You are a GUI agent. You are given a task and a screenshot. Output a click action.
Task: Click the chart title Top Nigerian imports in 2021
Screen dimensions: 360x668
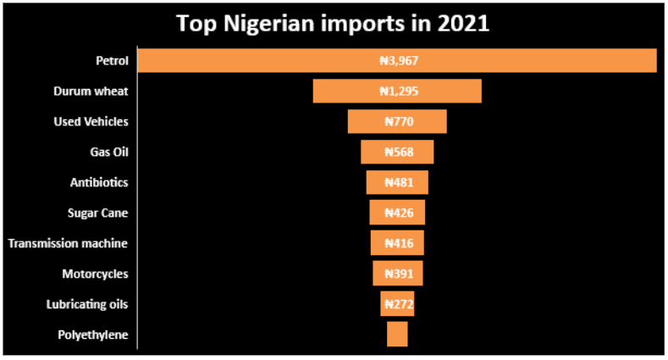333,23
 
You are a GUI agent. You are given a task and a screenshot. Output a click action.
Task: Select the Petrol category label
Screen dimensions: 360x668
112,61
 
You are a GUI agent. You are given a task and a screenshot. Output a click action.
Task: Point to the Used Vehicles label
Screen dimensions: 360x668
91,122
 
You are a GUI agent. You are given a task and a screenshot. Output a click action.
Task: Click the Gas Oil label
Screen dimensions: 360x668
109,152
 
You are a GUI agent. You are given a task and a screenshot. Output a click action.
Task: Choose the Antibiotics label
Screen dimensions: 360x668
99,182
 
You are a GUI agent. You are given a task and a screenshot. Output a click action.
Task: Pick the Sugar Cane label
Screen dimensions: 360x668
97,213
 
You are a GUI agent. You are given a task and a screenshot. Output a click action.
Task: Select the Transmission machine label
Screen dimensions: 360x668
68,243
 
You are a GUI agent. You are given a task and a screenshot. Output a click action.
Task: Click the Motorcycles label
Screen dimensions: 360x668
95,274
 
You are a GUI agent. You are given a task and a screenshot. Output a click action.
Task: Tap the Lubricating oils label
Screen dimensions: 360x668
87,304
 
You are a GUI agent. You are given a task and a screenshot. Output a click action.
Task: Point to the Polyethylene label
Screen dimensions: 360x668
93,335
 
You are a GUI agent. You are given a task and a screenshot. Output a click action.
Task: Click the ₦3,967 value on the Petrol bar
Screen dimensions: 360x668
397,61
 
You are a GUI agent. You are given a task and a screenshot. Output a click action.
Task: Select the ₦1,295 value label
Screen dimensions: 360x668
397,91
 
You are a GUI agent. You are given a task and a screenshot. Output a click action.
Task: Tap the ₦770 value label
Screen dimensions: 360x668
397,122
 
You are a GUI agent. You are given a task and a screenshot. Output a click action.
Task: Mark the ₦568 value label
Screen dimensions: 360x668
397,152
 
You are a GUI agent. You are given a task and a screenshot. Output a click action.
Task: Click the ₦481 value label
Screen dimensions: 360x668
397,183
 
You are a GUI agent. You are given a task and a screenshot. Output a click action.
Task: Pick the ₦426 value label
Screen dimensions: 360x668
397,213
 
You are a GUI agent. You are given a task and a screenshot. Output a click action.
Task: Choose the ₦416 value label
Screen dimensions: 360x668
397,243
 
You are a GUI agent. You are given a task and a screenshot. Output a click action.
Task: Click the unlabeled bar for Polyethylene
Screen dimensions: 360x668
397,334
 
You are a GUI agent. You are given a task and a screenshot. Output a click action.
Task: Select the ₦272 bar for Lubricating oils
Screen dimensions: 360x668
397,304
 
